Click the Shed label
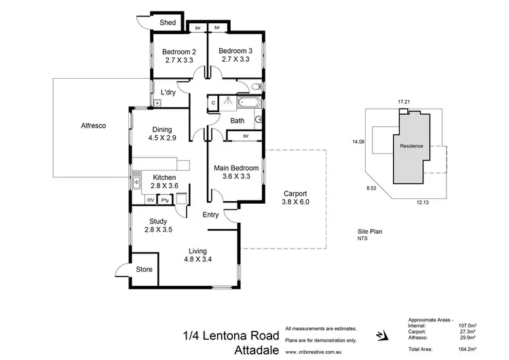point(168,22)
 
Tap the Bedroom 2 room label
point(179,52)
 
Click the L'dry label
point(168,92)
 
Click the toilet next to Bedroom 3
point(255,86)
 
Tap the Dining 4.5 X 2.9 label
point(162,134)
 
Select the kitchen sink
point(136,182)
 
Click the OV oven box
point(150,200)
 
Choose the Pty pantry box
point(164,200)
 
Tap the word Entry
point(212,215)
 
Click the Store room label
point(143,270)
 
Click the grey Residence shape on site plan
point(410,146)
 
